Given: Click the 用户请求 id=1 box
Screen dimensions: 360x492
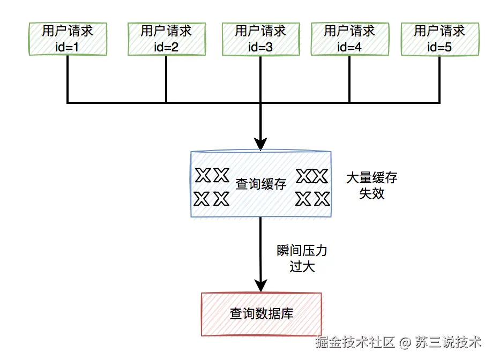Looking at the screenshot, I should [68, 39].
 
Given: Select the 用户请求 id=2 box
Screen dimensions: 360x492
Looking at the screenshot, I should [166, 39].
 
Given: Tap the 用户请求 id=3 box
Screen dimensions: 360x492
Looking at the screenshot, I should [260, 39].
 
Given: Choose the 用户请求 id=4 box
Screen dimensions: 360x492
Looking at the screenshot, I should [349, 39].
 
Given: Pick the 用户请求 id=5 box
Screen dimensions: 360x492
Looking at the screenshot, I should [439, 39].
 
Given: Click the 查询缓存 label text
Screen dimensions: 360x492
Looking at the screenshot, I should [261, 184].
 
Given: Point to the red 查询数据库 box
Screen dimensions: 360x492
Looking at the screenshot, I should [261, 313].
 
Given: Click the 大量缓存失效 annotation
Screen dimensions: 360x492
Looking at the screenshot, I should [371, 185].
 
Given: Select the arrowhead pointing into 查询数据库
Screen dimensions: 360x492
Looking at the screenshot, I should [261, 286].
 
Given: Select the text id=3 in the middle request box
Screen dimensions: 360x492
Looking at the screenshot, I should [260, 47].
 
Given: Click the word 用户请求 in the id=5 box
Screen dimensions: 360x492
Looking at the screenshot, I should [439, 31].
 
